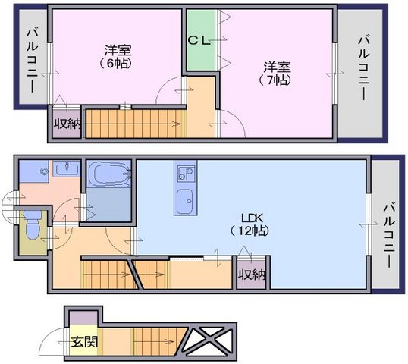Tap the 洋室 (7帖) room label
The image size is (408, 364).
[x=277, y=74]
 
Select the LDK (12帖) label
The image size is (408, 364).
[x=250, y=224]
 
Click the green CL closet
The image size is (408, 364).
[x=201, y=40]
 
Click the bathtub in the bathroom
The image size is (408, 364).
[x=110, y=174]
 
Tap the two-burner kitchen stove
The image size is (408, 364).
[x=185, y=174]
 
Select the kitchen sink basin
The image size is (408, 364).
[x=185, y=201]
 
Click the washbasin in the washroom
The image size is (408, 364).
[x=67, y=169]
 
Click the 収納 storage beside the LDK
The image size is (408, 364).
[x=252, y=275]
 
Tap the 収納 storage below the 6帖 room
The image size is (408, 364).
[x=67, y=125]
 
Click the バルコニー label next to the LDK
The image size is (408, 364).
[x=390, y=236]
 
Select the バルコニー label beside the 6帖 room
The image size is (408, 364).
[x=33, y=61]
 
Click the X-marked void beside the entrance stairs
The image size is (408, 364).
[x=210, y=341]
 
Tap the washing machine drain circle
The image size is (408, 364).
[x=45, y=171]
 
